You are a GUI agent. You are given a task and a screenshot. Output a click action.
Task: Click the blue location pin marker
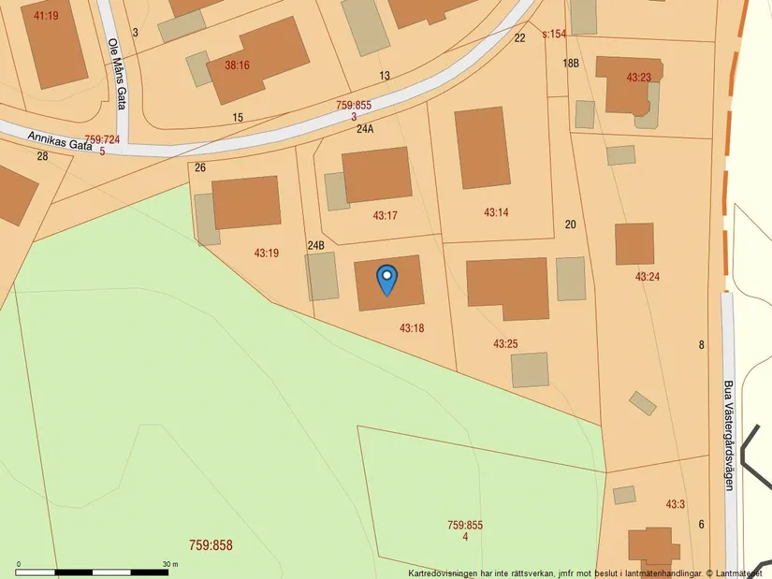(386, 278)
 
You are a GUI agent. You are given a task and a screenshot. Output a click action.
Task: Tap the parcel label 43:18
(412, 328)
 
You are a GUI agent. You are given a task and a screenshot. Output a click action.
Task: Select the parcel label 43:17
(386, 215)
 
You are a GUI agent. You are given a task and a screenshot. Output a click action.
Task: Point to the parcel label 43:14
(496, 212)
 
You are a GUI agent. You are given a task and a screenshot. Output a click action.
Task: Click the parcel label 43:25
(505, 344)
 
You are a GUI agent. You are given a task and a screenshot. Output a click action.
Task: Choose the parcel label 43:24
(648, 277)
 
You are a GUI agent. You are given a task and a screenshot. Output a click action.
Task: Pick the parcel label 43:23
(638, 78)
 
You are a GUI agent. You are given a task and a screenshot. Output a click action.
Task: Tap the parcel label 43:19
(267, 253)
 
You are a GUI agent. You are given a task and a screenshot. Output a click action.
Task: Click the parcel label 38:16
(237, 65)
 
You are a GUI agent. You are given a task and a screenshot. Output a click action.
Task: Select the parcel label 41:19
(46, 16)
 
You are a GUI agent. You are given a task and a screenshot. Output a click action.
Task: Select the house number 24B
(315, 246)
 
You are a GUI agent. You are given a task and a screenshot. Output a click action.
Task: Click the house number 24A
(365, 129)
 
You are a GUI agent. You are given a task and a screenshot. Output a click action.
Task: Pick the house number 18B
(571, 63)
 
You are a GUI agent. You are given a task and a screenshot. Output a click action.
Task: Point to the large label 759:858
(211, 544)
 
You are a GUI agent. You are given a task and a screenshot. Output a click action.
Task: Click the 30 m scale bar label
(170, 564)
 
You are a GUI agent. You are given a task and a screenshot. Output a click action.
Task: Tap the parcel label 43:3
(676, 504)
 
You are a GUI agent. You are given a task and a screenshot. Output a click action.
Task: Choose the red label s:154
(555, 34)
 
